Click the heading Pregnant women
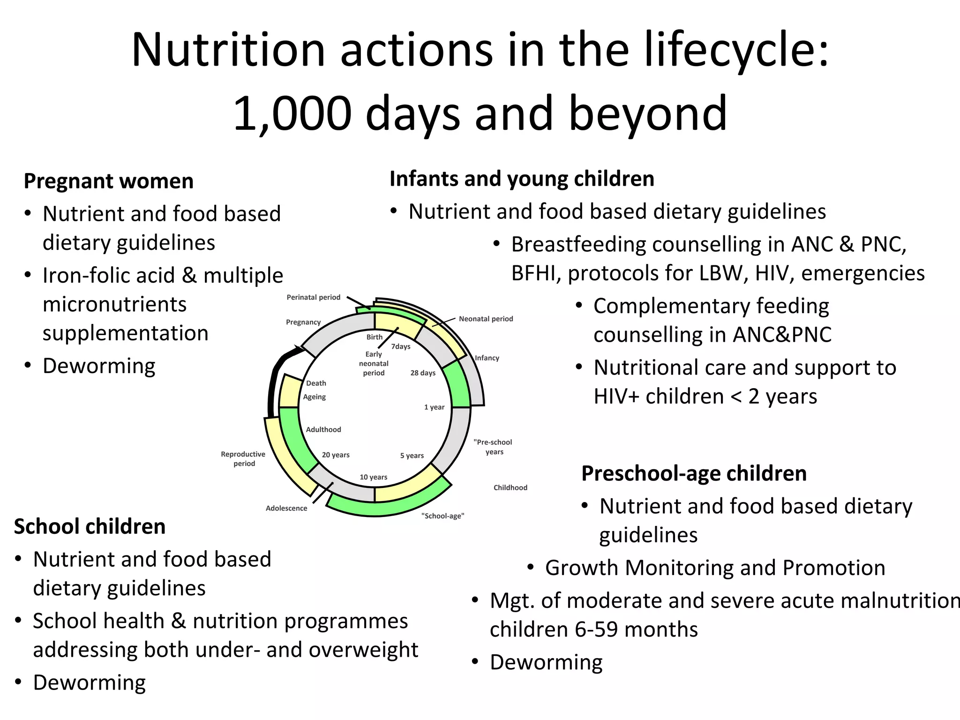click(x=108, y=181)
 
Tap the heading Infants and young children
click(x=522, y=179)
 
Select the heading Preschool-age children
click(x=694, y=473)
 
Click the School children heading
click(x=90, y=526)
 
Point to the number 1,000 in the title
click(x=292, y=113)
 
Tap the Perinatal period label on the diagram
click(x=313, y=297)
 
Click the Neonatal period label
click(x=486, y=319)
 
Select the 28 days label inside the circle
click(x=423, y=373)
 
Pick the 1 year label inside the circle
click(x=434, y=407)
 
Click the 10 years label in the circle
click(x=374, y=477)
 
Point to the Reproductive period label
click(x=243, y=458)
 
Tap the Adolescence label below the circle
click(x=286, y=508)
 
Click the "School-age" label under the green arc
click(x=442, y=516)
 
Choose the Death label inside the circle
click(x=316, y=383)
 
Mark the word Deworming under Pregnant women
click(x=99, y=366)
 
